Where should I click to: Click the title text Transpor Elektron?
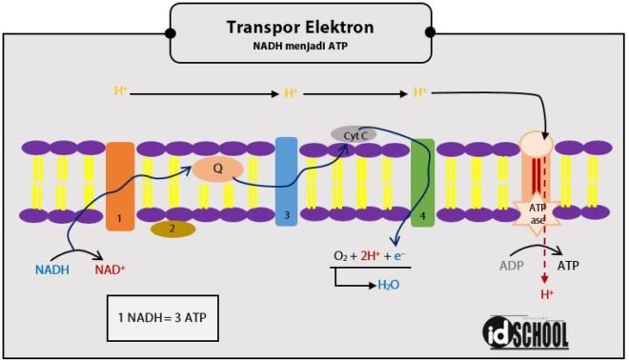tap(300, 27)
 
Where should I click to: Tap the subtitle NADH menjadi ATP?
tap(300, 46)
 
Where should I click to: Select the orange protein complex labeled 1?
tap(120, 186)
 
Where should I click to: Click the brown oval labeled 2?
tap(172, 229)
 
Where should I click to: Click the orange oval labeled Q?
tap(217, 169)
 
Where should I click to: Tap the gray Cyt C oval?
tap(354, 135)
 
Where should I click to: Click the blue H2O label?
tap(389, 284)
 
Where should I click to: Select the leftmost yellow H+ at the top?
tap(121, 91)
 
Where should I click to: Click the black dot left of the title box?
tap(171, 32)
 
